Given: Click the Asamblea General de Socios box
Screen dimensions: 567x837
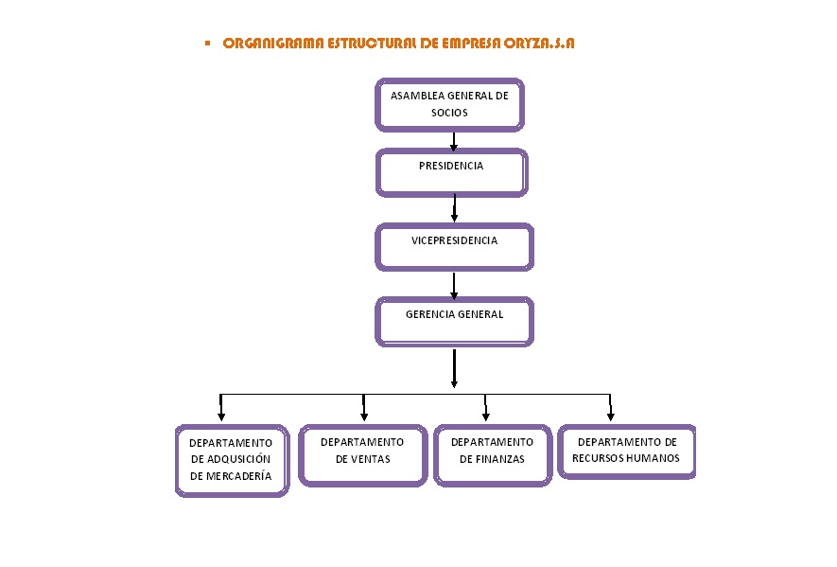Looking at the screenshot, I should click(x=449, y=104).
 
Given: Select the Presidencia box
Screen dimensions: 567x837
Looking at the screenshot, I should click(x=451, y=172).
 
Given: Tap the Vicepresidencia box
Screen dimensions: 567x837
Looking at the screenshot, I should click(x=454, y=246).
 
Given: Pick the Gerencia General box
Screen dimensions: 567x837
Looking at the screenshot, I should click(x=454, y=321).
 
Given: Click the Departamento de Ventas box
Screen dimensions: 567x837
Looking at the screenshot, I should click(x=362, y=454).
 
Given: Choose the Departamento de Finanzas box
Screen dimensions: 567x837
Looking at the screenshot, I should click(x=492, y=454).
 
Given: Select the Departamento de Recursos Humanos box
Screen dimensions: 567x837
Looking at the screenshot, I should click(x=626, y=451).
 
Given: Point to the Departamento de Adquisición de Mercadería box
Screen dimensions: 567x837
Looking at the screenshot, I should click(x=231, y=460).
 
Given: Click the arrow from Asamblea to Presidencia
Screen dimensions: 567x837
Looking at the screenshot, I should click(x=454, y=141).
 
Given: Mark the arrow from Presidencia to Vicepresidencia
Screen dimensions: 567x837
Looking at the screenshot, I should click(x=455, y=208).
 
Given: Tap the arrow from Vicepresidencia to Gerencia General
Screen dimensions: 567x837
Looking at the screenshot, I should click(x=454, y=284).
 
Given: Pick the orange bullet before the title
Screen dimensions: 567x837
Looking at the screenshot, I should click(x=207, y=43).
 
